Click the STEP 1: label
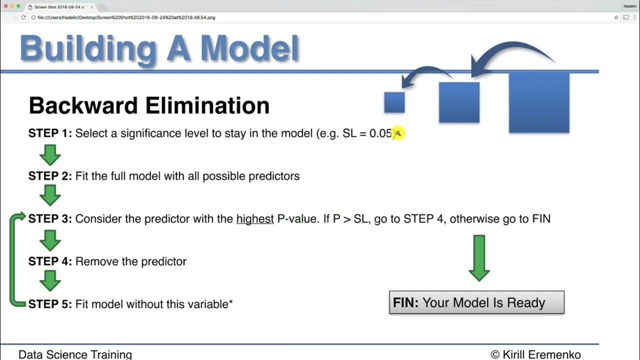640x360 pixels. pos(50,133)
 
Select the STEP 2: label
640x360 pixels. pos(50,176)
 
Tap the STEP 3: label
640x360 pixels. pos(50,219)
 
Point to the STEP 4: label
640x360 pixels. pos(50,261)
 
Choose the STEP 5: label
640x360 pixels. pos(50,304)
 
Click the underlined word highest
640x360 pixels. pos(255,219)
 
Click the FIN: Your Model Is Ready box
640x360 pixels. pos(476,302)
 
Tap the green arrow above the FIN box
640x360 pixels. pos(479,258)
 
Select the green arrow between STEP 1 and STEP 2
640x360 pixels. pos(50,155)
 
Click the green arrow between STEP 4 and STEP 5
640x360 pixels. pos(50,281)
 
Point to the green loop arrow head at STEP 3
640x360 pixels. pos(20,217)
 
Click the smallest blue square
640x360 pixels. pos(394,102)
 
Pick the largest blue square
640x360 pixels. pos(539,102)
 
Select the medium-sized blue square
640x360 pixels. pos(459,102)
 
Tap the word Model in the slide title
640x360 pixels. pos(249,49)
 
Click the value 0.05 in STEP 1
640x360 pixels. pos(381,133)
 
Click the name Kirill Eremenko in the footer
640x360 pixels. pos(541,354)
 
